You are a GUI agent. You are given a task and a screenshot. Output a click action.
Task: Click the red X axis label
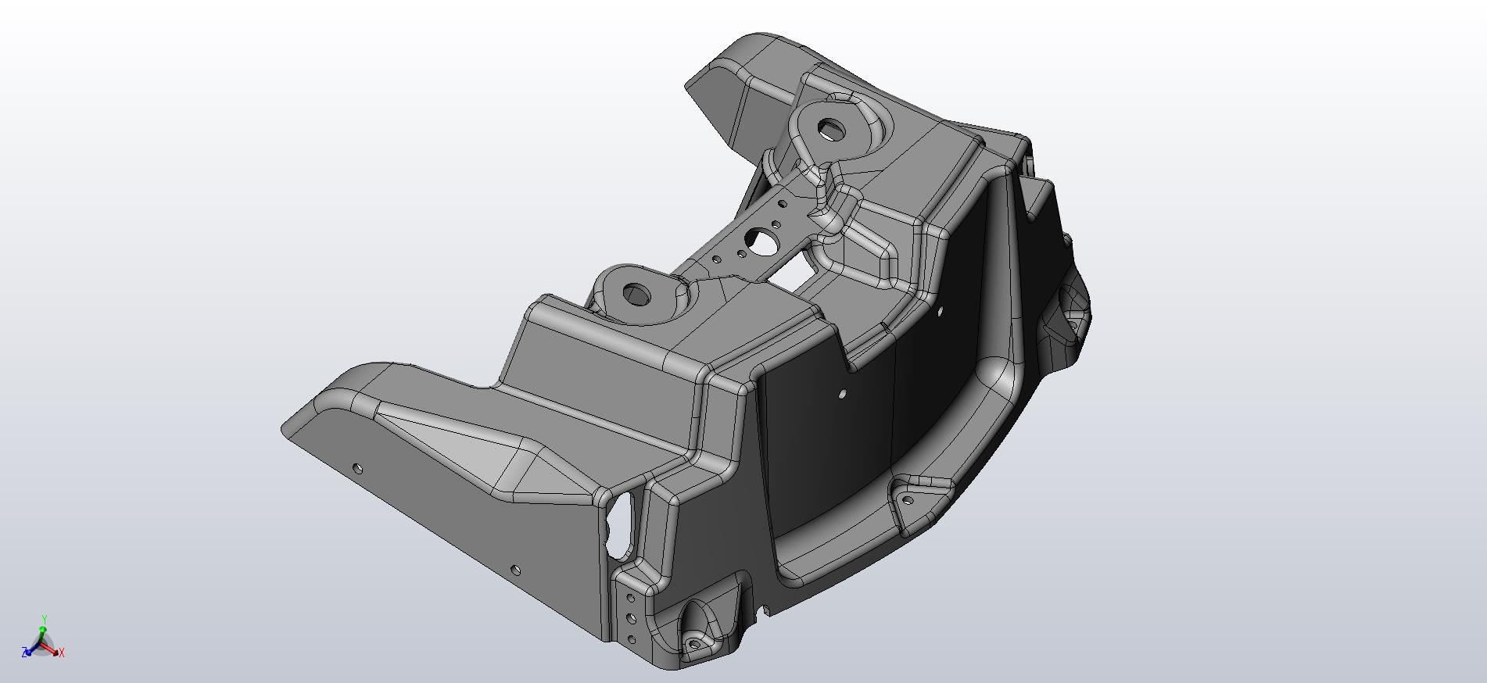pyautogui.click(x=62, y=653)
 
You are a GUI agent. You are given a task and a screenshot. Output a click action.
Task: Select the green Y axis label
pyautogui.click(x=45, y=619)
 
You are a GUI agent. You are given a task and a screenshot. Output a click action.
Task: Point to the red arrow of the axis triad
pyautogui.click(x=52, y=648)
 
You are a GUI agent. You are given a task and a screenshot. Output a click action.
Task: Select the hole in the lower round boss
pyautogui.click(x=637, y=295)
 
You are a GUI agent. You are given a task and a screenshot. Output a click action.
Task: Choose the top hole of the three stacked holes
pyautogui.click(x=630, y=599)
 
